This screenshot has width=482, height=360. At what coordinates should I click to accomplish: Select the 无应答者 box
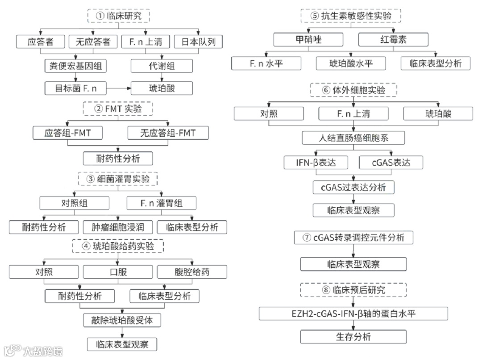click(93, 42)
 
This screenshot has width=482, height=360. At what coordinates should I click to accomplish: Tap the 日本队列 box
click(197, 42)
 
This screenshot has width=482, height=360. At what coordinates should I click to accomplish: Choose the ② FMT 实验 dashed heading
click(117, 109)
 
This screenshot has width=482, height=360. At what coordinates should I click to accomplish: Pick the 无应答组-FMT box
click(168, 133)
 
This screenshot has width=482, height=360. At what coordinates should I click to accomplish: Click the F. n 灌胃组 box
click(162, 203)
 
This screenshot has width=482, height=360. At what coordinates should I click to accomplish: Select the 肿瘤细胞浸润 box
click(118, 227)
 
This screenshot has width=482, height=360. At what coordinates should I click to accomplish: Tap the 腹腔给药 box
click(192, 271)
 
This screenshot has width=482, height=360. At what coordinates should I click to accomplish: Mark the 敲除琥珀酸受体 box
click(122, 320)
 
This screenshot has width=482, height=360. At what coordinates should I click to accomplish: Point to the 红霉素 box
click(393, 40)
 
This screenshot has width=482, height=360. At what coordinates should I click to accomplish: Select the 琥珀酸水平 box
click(351, 63)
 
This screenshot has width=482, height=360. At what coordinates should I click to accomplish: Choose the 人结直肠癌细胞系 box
click(353, 138)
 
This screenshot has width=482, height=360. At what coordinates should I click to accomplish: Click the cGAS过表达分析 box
click(353, 187)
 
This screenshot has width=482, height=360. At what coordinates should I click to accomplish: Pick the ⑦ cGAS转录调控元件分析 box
click(353, 238)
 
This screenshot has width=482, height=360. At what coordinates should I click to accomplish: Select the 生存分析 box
click(353, 336)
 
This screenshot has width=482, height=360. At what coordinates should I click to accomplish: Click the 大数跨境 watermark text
click(43, 351)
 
